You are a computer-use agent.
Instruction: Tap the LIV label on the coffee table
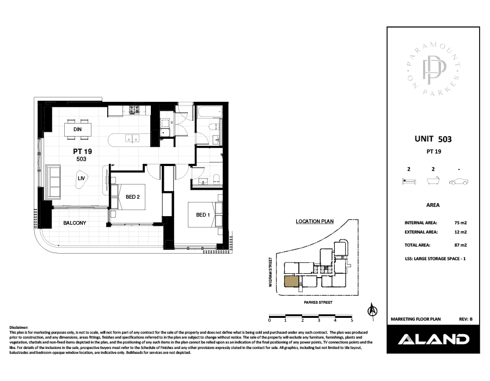81,178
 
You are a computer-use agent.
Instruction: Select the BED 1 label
203,215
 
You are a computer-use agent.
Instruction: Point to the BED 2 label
133,197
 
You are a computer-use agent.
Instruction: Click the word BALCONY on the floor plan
75,223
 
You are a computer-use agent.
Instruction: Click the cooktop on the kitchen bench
135,112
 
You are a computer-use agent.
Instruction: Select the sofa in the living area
53,182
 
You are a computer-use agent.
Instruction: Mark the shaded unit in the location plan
291,281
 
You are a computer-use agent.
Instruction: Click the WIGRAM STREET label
271,272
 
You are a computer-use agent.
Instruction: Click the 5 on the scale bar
352,321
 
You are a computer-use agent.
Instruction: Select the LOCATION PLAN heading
314,222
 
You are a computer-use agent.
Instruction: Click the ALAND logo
433,339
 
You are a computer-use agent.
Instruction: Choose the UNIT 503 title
433,139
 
